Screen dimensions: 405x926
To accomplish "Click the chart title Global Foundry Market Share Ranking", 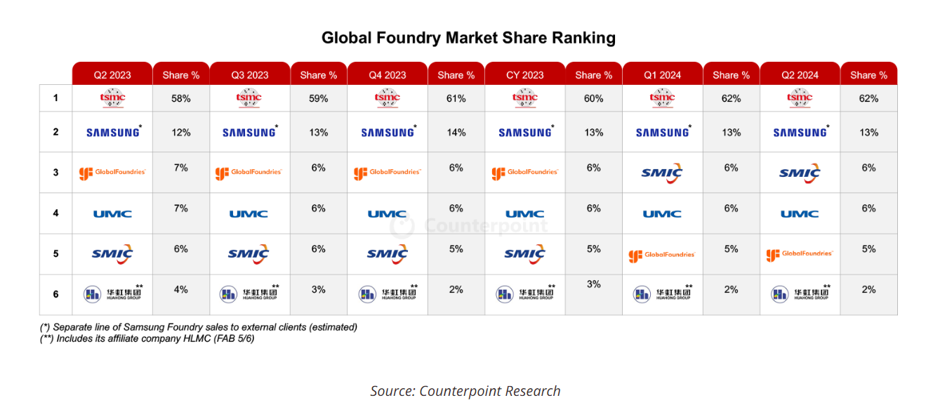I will [x=468, y=38].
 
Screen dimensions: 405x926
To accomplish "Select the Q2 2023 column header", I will [x=112, y=75].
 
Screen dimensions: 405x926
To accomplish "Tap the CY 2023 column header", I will [x=525, y=75].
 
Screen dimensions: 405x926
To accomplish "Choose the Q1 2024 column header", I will [x=662, y=75].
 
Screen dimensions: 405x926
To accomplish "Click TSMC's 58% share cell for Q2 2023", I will [x=181, y=99].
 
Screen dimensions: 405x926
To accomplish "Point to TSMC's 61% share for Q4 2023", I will [x=456, y=99].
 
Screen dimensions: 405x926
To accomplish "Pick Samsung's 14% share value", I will [x=456, y=132].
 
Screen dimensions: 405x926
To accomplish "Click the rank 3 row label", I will [x=56, y=172].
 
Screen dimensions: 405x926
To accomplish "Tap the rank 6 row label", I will [x=56, y=294].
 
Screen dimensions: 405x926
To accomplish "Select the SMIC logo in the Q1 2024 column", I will [x=662, y=173].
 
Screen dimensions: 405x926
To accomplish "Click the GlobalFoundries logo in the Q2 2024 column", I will [x=800, y=254].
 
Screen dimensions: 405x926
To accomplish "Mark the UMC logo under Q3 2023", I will [x=249, y=213].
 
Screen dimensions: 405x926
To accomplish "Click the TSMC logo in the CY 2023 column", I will [x=525, y=99].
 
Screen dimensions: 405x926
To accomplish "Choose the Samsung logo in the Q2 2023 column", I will [x=113, y=132].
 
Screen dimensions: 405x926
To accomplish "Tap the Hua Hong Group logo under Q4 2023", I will [x=388, y=294].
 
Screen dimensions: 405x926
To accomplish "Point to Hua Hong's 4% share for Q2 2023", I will [x=181, y=289].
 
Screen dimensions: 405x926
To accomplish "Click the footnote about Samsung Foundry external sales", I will [x=199, y=327].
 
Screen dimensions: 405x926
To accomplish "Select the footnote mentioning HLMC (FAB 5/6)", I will [x=147, y=338].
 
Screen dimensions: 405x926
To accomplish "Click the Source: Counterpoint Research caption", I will [x=465, y=391].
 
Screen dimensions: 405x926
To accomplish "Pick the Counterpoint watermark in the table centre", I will [x=468, y=225].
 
